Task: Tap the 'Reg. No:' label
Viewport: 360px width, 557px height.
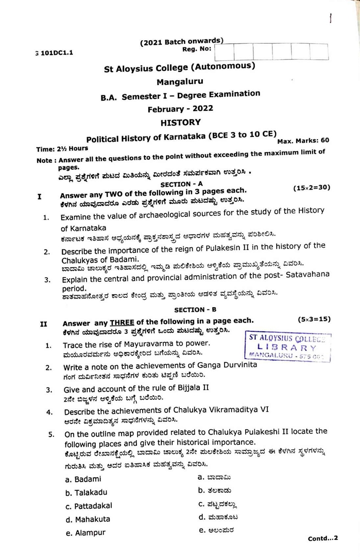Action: (x=197, y=49)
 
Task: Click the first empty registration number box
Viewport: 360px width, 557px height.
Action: (x=224, y=53)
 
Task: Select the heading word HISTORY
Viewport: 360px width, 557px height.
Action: (x=180, y=123)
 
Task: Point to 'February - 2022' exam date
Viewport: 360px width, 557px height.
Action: (x=180, y=108)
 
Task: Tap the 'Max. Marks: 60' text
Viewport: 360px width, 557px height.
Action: (x=303, y=140)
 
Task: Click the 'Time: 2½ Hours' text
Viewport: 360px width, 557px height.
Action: (x=62, y=149)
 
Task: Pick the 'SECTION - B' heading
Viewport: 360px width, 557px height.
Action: (x=195, y=310)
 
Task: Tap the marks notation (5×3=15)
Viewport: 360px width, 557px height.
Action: (x=314, y=319)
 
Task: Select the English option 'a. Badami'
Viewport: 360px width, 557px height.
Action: (x=83, y=479)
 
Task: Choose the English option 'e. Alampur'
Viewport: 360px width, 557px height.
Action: (x=85, y=533)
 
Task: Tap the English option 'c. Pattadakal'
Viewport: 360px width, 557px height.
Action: (x=89, y=506)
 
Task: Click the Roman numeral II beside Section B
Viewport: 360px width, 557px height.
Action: (x=44, y=324)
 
